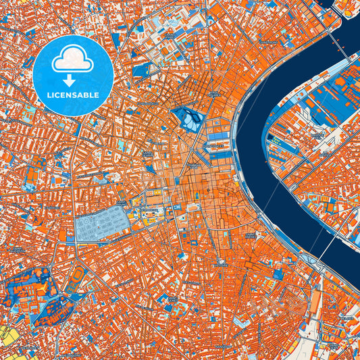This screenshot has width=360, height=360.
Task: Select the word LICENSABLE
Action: [x=72, y=95]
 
